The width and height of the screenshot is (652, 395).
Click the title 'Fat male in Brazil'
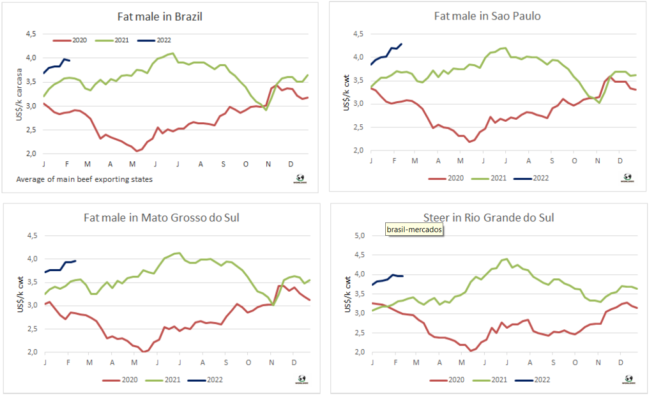[159, 17]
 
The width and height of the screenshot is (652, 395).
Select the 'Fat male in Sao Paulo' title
[487, 16]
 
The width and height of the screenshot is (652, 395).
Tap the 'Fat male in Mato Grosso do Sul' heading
[161, 217]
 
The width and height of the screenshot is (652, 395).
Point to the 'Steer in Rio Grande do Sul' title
[488, 217]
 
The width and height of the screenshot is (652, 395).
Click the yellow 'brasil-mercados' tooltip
[414, 230]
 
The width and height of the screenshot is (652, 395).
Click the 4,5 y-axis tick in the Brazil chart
[31, 34]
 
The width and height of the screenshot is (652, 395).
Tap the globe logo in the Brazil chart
[300, 178]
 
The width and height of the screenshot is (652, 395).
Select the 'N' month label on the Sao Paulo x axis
[597, 161]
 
